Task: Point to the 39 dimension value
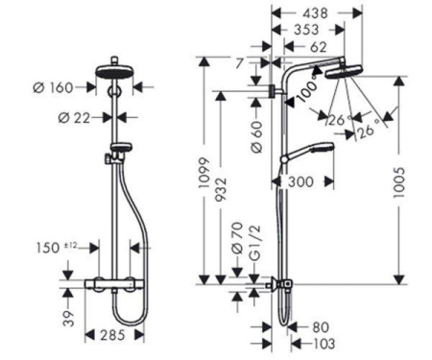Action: click(68, 317)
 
